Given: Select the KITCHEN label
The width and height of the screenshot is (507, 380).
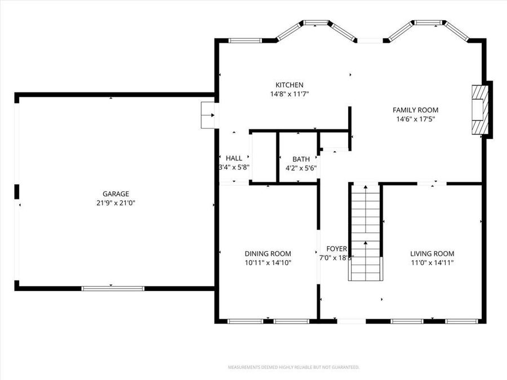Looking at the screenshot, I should click(290, 85).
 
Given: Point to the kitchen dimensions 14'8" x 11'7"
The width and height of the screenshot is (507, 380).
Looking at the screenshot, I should click(290, 94).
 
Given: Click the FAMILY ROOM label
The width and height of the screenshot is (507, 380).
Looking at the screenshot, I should click(415, 110).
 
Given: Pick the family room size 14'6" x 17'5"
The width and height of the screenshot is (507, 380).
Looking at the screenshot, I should click(415, 119).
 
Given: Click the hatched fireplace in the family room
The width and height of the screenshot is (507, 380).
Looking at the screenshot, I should click(480, 110).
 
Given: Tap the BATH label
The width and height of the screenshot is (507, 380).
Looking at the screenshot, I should click(301, 159).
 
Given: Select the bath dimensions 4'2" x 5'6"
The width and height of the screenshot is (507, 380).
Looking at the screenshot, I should click(301, 168).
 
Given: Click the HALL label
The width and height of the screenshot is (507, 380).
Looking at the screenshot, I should click(234, 158).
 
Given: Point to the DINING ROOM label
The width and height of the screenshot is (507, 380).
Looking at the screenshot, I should click(268, 253).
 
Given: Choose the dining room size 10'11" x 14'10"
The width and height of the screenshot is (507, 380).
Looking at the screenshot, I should click(268, 262).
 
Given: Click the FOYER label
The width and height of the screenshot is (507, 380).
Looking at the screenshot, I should click(337, 248).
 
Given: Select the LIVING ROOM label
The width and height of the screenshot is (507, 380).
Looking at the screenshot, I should click(432, 253).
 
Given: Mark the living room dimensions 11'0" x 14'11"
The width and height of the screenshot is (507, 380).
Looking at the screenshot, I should click(432, 262).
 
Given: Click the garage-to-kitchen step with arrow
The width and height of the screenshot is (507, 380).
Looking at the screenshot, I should click(208, 115).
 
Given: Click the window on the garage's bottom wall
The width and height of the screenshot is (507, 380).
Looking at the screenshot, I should click(113, 288).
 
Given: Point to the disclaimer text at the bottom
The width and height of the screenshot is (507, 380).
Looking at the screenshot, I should click(293, 367).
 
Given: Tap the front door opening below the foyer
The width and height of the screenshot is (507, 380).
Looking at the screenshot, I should click(352, 321).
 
